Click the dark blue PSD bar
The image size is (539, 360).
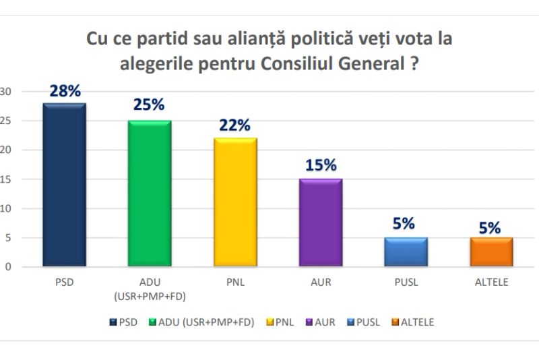point(64,185)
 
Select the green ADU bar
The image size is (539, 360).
point(150,193)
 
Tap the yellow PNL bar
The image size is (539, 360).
point(235,202)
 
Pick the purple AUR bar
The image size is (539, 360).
point(321,222)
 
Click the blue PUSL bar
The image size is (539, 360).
point(406,252)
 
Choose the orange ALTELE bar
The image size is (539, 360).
point(491,252)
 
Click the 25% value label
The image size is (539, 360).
point(150,104)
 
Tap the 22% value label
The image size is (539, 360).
point(235,125)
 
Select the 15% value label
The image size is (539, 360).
point(321,165)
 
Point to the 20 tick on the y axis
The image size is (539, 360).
point(7,150)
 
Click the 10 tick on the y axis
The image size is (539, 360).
point(7,208)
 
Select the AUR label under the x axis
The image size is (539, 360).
point(321,282)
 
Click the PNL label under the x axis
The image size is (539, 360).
point(235,282)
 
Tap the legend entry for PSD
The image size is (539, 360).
point(123,322)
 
